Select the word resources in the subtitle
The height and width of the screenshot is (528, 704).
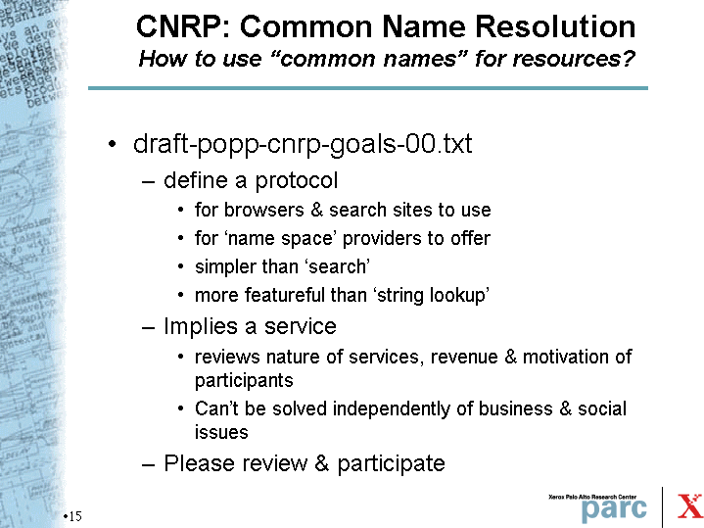(574, 59)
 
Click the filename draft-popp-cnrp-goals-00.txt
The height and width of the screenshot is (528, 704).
(303, 144)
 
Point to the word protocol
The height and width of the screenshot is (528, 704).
(297, 181)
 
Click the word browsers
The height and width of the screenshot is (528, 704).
(264, 210)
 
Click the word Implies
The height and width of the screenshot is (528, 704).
(201, 326)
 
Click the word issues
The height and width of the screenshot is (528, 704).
(221, 432)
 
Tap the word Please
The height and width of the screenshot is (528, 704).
(196, 463)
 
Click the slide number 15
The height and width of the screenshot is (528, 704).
(75, 516)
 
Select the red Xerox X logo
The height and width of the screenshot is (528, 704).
(689, 505)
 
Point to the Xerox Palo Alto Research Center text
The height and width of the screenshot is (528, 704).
(592, 497)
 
